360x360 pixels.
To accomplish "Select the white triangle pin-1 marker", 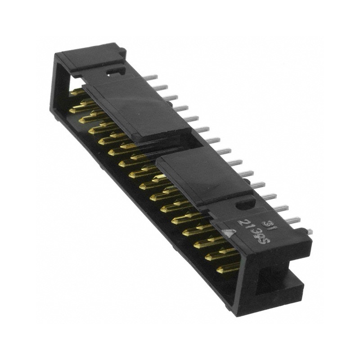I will (230, 234).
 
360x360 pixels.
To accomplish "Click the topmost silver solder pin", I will (152, 77).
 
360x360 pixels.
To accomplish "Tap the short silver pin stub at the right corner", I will (308, 231).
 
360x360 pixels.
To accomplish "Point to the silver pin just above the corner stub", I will (292, 220).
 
